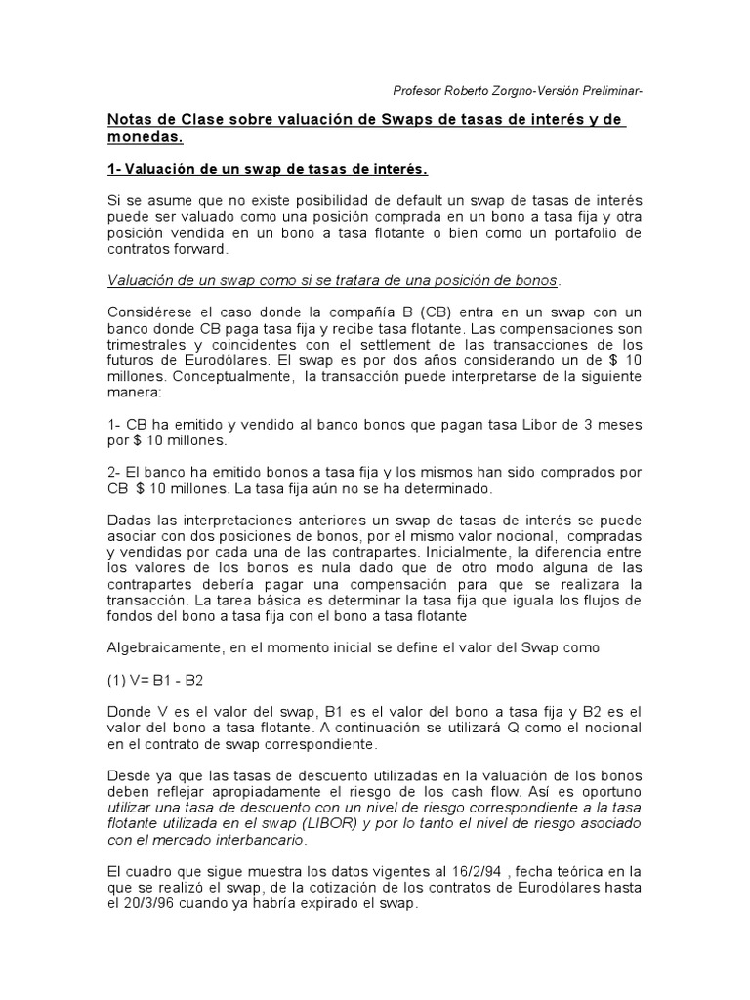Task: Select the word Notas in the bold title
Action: click(x=130, y=119)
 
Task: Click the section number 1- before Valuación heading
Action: click(x=115, y=170)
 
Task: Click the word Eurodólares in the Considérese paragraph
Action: click(x=157, y=359)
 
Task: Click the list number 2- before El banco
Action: click(x=115, y=472)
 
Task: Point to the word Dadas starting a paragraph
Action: click(x=129, y=520)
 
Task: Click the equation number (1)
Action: click(x=117, y=680)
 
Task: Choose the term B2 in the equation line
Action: click(x=193, y=680)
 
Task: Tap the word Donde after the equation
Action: click(x=129, y=712)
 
